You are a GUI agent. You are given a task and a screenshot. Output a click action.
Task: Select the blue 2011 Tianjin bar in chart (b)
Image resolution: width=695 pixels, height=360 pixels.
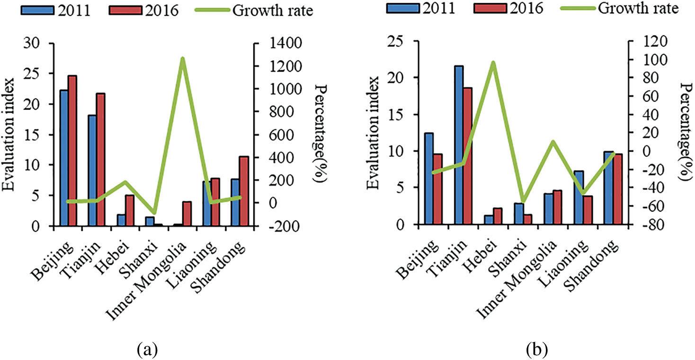click(458, 145)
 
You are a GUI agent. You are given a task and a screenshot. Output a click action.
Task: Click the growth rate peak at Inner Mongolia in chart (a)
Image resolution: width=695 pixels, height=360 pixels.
click(182, 59)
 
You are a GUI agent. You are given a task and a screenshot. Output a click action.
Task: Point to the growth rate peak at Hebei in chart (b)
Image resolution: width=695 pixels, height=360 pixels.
click(493, 63)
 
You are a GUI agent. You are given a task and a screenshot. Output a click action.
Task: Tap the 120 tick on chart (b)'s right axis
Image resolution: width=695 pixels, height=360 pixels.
click(644, 42)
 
